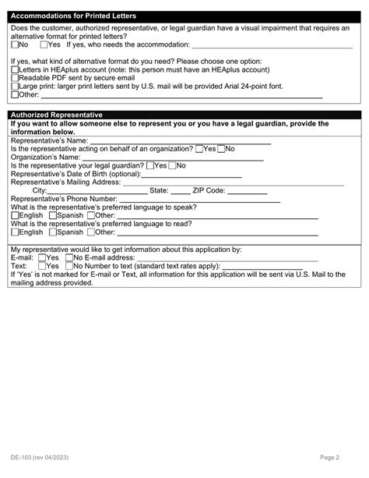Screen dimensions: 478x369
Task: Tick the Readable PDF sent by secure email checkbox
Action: [x=15, y=78]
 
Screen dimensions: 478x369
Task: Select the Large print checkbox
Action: [x=15, y=87]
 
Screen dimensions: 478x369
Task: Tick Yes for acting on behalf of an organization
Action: [x=200, y=148]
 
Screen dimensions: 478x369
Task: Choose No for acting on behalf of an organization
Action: [x=221, y=148]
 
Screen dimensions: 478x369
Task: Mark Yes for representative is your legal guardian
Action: [x=150, y=165]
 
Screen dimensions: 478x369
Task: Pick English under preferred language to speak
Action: [x=15, y=215]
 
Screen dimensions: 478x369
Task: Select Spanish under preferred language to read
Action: [x=52, y=232]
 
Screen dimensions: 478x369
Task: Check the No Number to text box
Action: [x=69, y=266]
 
